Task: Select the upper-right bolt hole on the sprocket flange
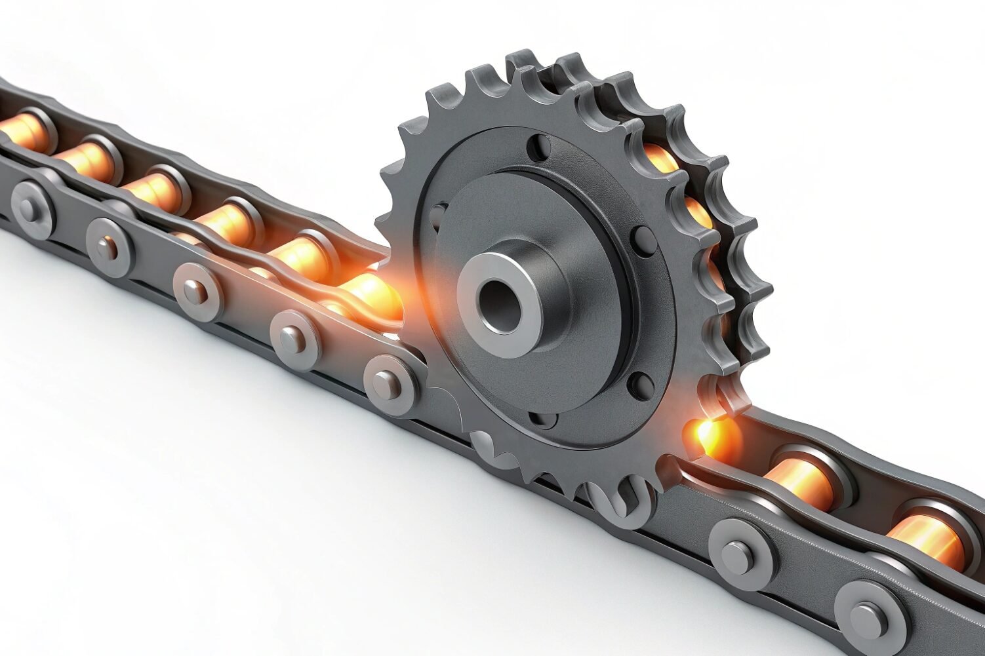641,241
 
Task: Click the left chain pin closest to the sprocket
388,383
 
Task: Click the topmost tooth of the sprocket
521,59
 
